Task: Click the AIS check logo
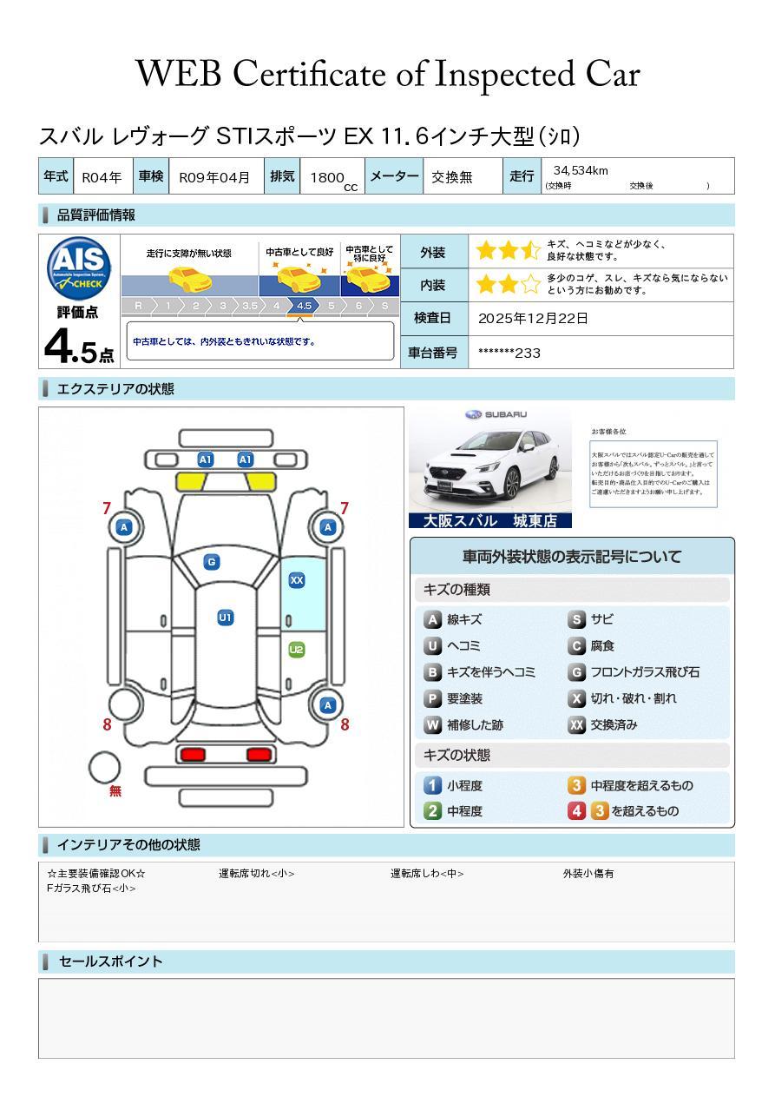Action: pos(79,268)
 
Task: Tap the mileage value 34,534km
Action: pos(575,171)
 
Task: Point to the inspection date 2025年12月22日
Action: pos(533,319)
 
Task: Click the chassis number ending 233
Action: pos(509,353)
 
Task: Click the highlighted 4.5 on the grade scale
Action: pos(304,306)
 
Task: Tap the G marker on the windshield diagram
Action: pos(211,562)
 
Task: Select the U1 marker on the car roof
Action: pos(225,618)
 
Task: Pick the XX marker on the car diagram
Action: pos(297,580)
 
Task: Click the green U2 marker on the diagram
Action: pos(297,650)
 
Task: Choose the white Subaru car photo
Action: pos(490,460)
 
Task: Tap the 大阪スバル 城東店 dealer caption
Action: pos(490,521)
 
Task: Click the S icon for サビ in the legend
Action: pos(576,620)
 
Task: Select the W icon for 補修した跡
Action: pos(432,724)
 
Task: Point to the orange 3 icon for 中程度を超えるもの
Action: pos(576,785)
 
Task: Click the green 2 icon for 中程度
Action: pos(432,811)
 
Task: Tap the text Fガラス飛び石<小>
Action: pos(91,889)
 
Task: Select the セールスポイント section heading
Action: pos(110,962)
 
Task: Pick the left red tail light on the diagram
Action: pos(192,754)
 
